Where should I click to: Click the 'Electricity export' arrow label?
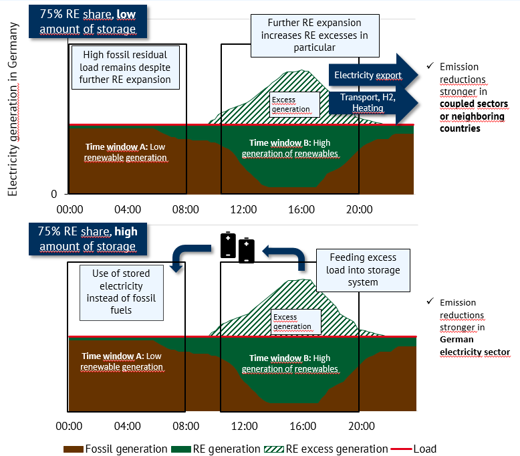click(368, 75)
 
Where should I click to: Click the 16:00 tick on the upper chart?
click(301, 209)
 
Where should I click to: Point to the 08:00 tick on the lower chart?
click(185, 425)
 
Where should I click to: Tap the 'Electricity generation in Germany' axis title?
click(13, 110)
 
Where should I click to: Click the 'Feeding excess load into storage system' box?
click(363, 270)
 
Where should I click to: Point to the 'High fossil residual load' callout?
click(126, 67)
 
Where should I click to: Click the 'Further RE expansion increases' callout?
click(315, 35)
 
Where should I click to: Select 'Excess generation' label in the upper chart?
click(291, 104)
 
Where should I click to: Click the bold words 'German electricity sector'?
click(475, 346)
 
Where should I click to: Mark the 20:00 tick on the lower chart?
click(360, 425)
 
